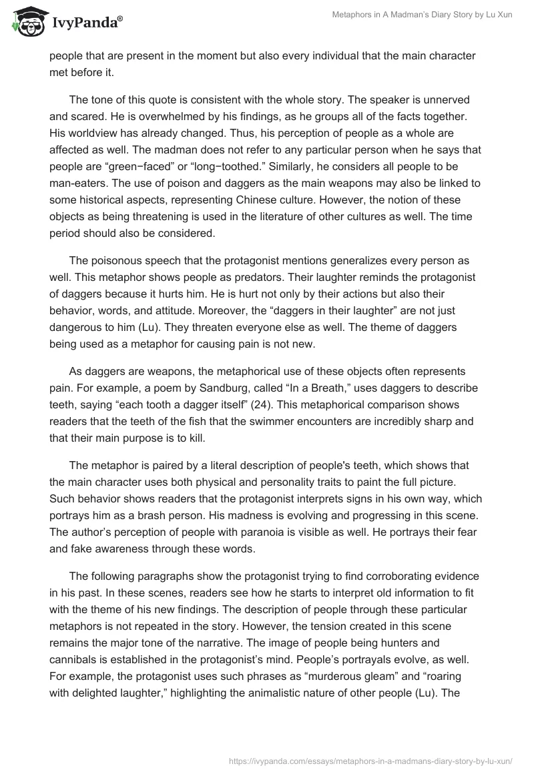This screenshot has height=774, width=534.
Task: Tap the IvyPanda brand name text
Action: point(86,23)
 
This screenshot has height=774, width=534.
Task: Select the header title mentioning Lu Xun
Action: point(422,15)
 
